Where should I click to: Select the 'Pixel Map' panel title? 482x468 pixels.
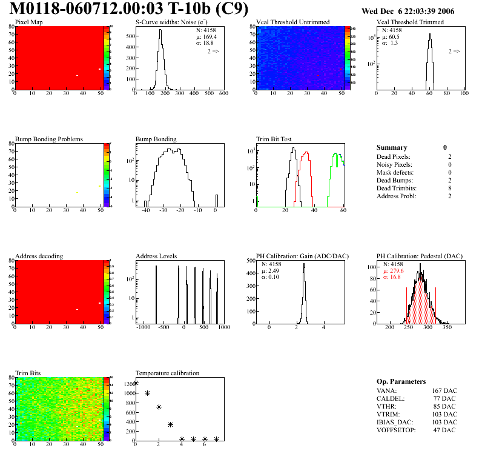click(x=28, y=22)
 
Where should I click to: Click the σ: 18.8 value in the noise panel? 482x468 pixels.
click(x=206, y=43)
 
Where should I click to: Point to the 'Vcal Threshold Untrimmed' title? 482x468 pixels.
click(x=292, y=22)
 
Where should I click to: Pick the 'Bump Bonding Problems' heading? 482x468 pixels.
click(x=48, y=139)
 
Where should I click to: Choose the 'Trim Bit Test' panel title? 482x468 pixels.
click(x=274, y=139)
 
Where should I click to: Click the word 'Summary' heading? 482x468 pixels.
click(x=392, y=147)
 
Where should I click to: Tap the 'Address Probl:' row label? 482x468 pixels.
click(x=396, y=196)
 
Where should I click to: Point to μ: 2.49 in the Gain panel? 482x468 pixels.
click(x=270, y=270)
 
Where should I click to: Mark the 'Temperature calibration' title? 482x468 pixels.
click(x=167, y=373)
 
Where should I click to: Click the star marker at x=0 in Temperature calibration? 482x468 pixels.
click(x=136, y=383)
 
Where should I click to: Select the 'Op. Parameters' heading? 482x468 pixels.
click(x=401, y=381)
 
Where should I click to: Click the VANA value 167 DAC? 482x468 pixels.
click(x=444, y=390)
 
